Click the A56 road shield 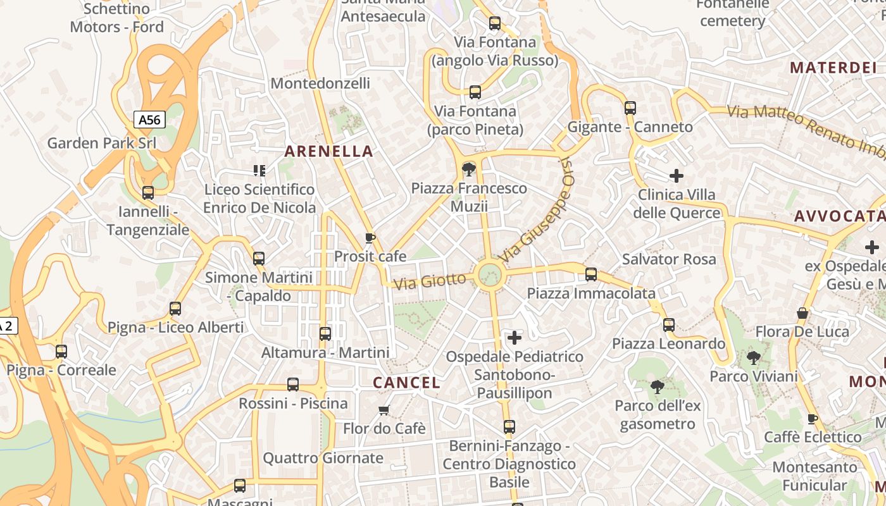point(149,120)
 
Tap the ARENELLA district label point(328,151)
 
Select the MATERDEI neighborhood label point(833,67)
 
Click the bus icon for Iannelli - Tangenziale point(148,192)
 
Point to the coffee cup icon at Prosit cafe point(370,238)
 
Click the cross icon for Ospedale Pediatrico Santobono point(515,338)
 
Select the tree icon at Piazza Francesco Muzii point(469,169)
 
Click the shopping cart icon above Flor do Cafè point(384,410)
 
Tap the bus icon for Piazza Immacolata point(591,274)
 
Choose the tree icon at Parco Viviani point(753,358)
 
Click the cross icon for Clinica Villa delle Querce point(677,175)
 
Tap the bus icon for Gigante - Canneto point(630,108)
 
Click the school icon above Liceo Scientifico point(259,170)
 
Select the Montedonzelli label point(320,83)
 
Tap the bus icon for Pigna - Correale point(61,351)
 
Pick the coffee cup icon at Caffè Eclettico point(813,418)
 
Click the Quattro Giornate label point(323,458)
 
